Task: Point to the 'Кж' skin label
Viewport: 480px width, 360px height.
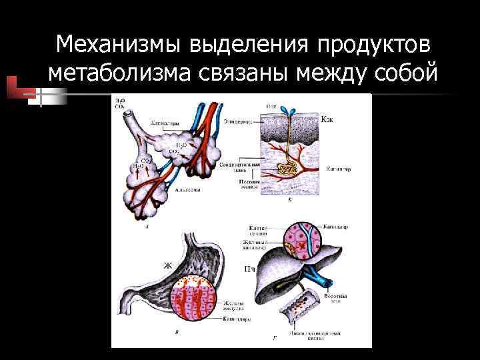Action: click(x=327, y=120)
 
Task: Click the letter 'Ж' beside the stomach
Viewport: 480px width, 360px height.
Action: click(x=167, y=266)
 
